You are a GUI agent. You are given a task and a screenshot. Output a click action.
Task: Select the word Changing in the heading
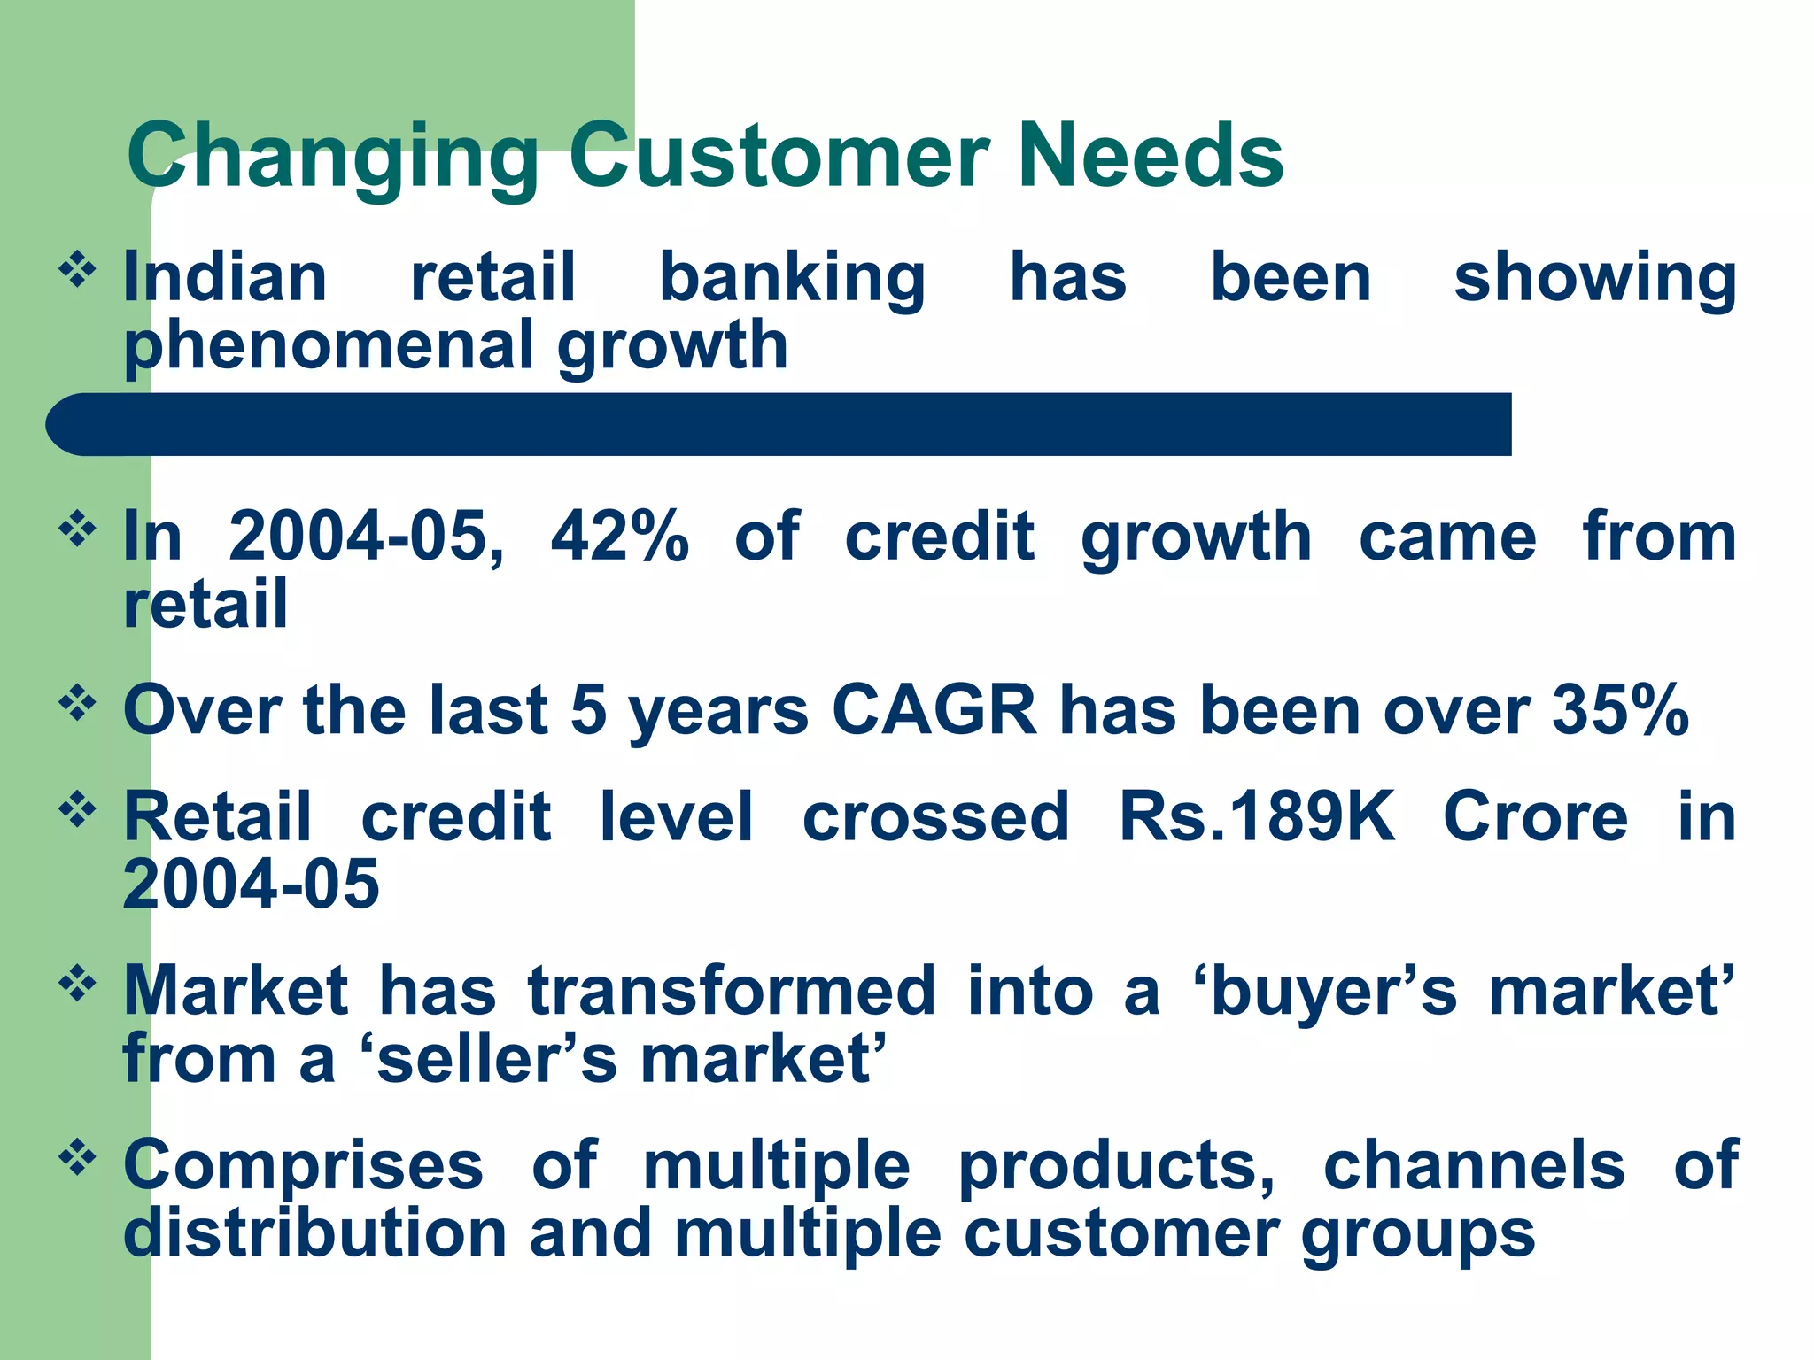(x=332, y=158)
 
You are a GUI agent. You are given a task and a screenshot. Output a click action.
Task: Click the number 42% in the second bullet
(x=619, y=537)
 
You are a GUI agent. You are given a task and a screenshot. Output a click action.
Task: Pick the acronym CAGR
(x=934, y=710)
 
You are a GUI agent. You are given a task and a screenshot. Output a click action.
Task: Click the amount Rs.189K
(x=1257, y=816)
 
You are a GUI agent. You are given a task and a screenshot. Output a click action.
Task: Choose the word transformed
(x=732, y=991)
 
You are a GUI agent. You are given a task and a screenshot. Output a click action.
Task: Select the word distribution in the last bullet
(x=314, y=1233)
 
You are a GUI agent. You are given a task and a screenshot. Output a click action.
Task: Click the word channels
(x=1474, y=1165)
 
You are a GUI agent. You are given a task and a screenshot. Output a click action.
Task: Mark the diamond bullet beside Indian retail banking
(x=77, y=270)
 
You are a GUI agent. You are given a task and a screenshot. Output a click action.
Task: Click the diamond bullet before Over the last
(x=77, y=703)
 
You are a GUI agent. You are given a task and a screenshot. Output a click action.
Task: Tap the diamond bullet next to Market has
(x=77, y=984)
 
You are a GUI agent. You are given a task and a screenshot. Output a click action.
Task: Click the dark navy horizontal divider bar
(x=779, y=425)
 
